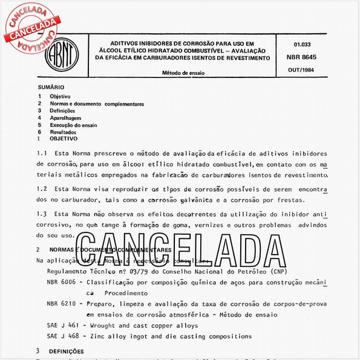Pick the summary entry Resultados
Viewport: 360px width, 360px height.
click(x=63, y=132)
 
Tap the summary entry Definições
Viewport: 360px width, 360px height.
click(x=62, y=111)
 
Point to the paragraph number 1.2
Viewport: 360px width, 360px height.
click(x=42, y=189)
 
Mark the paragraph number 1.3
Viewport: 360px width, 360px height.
click(x=42, y=214)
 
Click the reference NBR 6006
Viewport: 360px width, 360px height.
click(x=61, y=283)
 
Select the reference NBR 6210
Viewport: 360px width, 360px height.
click(x=61, y=304)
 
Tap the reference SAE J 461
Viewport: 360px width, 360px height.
click(x=62, y=326)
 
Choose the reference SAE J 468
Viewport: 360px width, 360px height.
click(x=62, y=336)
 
